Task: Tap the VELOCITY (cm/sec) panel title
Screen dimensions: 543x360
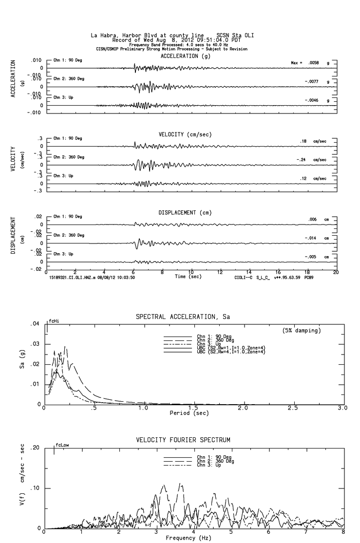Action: point(185,134)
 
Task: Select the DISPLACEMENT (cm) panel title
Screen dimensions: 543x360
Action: point(185,213)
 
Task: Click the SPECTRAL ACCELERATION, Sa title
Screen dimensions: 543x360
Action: point(183,317)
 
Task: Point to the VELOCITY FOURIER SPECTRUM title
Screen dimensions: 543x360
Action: point(183,440)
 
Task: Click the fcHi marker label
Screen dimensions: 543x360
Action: point(54,321)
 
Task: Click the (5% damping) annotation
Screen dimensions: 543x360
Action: point(302,331)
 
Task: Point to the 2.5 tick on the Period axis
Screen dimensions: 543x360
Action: point(293,408)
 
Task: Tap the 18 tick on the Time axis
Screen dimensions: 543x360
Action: point(307,272)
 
